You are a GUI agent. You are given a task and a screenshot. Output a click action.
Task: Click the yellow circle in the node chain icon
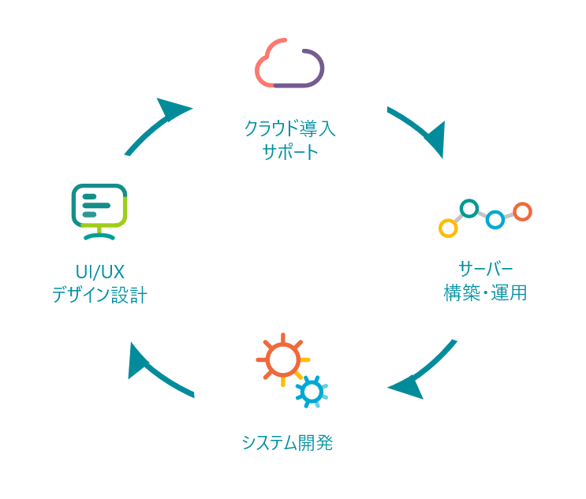[447, 229]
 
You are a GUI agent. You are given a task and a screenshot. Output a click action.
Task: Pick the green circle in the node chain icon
[469, 208]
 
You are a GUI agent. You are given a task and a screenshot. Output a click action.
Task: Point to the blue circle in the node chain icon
[495, 220]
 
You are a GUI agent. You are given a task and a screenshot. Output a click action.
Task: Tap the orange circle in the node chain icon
[521, 211]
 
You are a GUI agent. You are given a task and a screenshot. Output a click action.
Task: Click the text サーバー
[484, 266]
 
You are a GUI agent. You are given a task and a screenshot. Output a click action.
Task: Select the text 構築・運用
[484, 293]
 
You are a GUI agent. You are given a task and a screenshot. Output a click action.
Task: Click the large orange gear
[280, 359]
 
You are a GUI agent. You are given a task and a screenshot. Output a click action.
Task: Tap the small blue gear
[312, 390]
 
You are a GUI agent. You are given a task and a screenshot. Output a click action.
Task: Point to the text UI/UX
[99, 271]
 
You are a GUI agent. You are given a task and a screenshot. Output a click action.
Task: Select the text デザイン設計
[99, 296]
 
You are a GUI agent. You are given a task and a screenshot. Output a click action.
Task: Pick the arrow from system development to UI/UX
[158, 370]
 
